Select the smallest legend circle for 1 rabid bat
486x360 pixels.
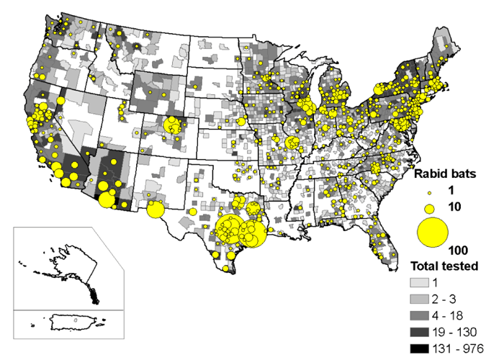430,192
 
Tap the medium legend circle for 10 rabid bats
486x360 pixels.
430,208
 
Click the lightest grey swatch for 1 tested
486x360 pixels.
419,283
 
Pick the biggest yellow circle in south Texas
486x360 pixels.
234,230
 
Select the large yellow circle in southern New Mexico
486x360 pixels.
155,210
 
